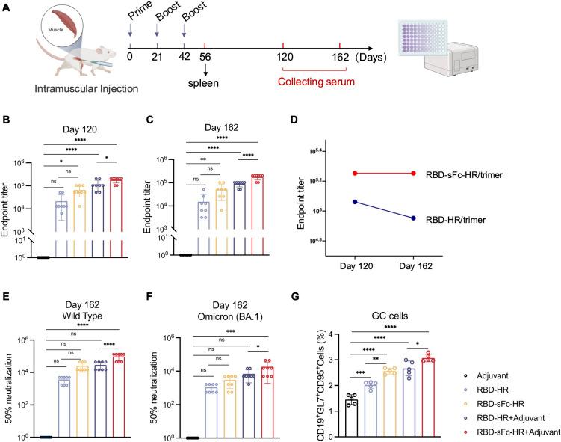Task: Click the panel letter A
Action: click(6, 7)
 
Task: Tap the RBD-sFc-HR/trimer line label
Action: click(490, 174)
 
